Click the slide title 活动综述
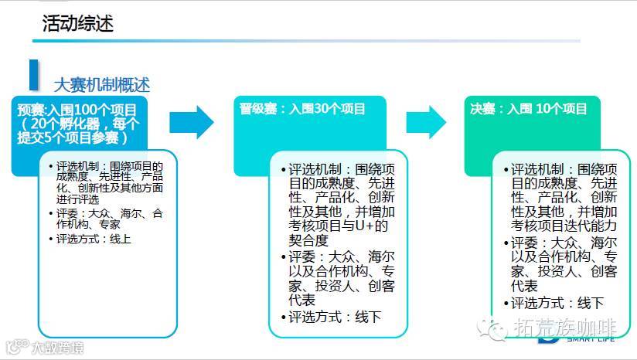tap(77, 23)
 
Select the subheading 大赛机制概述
tap(101, 84)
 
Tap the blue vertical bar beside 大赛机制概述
tap(33, 74)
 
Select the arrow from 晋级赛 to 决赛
tap(427, 121)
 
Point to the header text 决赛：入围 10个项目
tap(529, 109)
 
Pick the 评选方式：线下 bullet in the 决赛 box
tap(557, 303)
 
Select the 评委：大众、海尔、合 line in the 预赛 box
tap(109, 212)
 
